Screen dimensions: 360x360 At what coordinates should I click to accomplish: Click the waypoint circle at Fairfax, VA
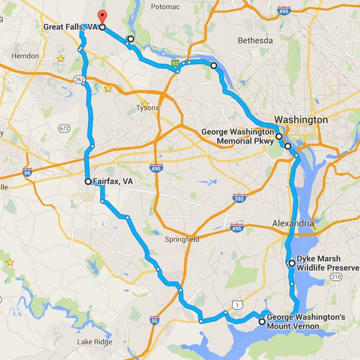coord(88,181)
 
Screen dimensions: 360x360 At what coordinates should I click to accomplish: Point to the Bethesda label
coord(255,40)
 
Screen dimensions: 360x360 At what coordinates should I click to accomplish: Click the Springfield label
coord(181,240)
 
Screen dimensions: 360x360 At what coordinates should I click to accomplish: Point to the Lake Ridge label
coord(95,341)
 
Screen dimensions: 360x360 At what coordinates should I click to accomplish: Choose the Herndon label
coord(25,56)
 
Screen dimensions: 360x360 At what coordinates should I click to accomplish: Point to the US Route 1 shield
coord(237,304)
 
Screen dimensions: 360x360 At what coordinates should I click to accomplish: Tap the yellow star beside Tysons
coord(145,104)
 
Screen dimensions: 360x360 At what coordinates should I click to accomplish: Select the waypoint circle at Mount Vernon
coord(262,321)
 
